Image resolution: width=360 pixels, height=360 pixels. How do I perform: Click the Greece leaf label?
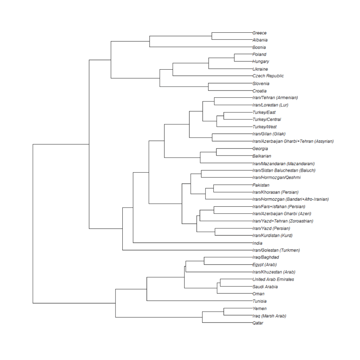tap(259, 33)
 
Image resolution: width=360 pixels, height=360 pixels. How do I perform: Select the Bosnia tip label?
tap(259, 47)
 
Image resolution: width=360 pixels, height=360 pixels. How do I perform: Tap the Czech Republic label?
tap(268, 76)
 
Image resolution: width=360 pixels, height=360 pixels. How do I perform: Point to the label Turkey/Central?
tap(266, 120)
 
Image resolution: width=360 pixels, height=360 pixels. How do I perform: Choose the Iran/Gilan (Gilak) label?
tap(269, 134)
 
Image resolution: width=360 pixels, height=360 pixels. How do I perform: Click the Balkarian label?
tap(262, 156)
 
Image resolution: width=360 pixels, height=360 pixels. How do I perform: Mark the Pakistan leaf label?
tap(261, 185)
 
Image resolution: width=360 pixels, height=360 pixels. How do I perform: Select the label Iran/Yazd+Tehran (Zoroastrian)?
tap(283, 221)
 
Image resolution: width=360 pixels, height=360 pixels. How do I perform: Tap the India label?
tap(257, 243)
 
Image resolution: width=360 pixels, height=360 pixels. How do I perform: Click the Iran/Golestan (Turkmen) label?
tap(276, 250)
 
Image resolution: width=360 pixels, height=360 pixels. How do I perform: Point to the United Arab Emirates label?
tap(273, 279)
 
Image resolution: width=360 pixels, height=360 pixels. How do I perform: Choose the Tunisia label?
tap(259, 301)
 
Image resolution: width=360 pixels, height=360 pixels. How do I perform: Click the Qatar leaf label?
tap(258, 323)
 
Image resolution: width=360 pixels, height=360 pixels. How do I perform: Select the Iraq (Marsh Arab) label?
tap(269, 316)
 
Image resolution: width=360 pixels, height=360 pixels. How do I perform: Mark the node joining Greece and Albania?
tap(212, 36)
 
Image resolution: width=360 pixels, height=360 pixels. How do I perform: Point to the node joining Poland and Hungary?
tap(234, 58)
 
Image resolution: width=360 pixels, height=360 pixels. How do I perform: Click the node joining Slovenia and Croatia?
tap(208, 87)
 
